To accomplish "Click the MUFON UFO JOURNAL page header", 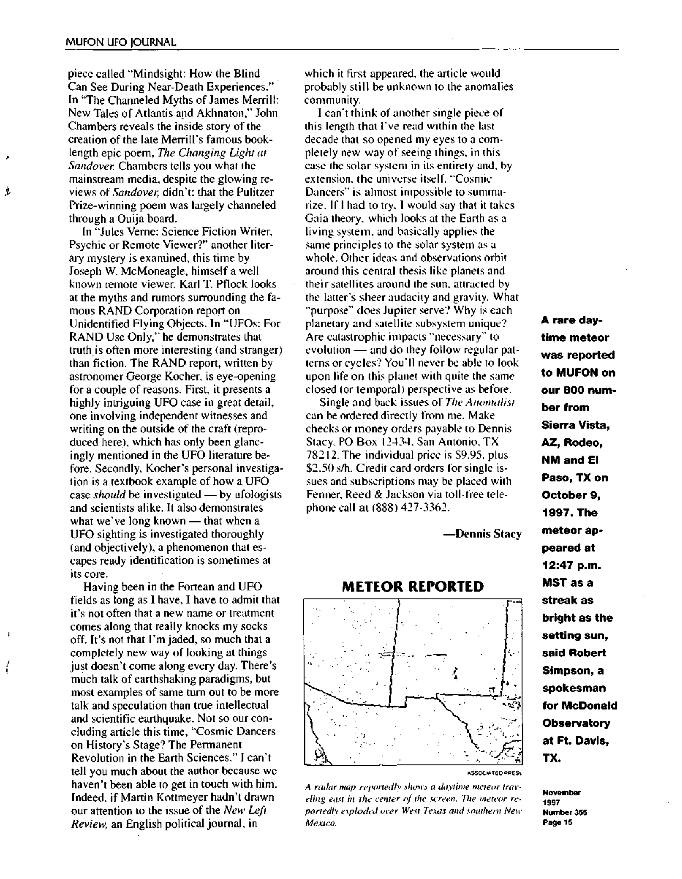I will [x=121, y=42].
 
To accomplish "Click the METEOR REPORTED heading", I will [x=412, y=586].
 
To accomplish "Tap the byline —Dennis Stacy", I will [x=482, y=534].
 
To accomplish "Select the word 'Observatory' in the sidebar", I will [x=576, y=723].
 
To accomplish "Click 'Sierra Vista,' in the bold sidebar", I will [x=576, y=425].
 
